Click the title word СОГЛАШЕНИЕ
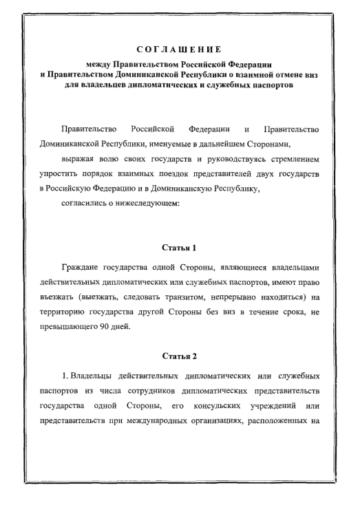click(x=179, y=49)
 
